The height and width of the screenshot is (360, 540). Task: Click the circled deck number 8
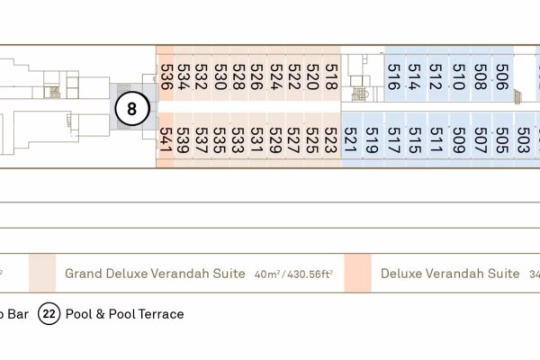tap(132, 110)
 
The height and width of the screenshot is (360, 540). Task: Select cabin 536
tap(166, 76)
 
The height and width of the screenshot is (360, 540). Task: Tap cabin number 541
tap(166, 139)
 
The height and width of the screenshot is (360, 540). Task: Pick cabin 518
tap(331, 76)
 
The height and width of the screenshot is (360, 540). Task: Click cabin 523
tap(331, 139)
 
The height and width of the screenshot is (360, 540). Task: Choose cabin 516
tap(393, 76)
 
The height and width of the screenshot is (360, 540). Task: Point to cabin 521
tap(350, 139)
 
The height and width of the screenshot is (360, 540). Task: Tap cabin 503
tap(523, 139)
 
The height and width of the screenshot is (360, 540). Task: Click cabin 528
tap(238, 76)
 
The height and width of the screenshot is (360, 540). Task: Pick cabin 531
tap(257, 139)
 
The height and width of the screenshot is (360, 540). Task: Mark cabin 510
tap(457, 76)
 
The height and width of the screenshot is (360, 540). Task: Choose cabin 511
tap(436, 139)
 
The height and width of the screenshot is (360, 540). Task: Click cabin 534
tap(183, 76)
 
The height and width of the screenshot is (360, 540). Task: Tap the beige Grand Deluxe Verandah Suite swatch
tap(41, 273)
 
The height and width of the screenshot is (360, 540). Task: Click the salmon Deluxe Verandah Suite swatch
tap(357, 273)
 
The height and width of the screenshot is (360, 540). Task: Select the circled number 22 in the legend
tap(49, 314)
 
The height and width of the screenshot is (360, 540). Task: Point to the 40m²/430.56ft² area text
tap(295, 274)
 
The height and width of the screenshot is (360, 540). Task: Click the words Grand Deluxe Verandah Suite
tap(155, 273)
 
